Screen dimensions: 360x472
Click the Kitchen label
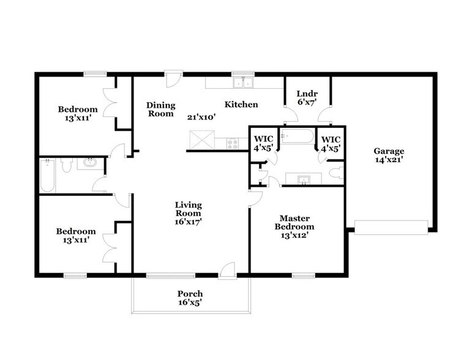coord(241,105)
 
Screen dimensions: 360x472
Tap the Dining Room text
coord(160,110)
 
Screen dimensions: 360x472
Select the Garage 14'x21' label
coord(389,156)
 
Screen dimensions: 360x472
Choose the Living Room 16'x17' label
coord(188,213)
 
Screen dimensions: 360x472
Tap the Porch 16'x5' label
coord(190,298)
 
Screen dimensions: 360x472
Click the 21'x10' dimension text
coord(201,116)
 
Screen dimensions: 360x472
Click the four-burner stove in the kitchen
coord(233,144)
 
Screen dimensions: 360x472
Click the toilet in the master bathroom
coord(335,174)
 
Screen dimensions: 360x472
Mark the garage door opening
coord(391,228)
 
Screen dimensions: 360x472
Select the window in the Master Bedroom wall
coord(299,276)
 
